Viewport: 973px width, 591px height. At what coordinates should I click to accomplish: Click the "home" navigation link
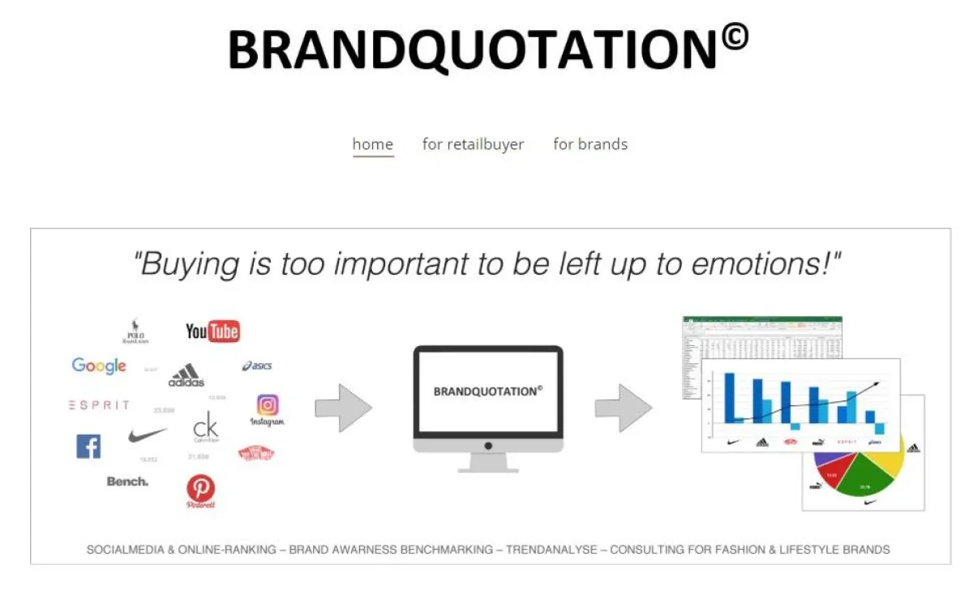[373, 144]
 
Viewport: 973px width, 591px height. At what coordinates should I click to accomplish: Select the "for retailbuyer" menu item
[473, 144]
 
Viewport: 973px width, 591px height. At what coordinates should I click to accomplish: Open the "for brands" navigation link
[590, 144]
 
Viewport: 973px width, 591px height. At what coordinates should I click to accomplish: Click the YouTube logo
[212, 331]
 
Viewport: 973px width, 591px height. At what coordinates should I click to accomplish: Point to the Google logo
[99, 366]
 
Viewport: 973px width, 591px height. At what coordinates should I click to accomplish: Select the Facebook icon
[88, 446]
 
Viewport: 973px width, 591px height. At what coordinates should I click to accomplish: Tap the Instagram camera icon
[268, 405]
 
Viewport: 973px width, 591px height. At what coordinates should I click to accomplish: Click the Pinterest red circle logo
[201, 488]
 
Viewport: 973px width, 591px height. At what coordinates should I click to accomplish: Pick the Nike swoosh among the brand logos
[148, 435]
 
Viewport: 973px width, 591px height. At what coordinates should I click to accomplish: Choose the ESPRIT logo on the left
[99, 405]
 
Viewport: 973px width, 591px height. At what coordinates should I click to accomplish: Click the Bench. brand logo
[127, 482]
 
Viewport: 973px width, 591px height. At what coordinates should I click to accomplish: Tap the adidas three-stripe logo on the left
[186, 375]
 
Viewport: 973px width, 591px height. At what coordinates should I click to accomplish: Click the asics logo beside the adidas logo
[257, 366]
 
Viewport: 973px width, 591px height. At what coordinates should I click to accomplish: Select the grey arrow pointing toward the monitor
[343, 408]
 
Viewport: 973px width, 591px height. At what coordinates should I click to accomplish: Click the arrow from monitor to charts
[623, 408]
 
